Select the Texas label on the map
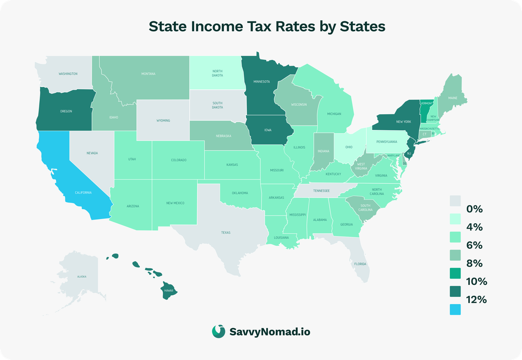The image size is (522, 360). tap(226, 233)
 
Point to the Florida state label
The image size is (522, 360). tap(360, 264)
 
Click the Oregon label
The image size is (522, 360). tap(66, 111)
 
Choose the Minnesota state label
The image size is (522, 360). tap(262, 82)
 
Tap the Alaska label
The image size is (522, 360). tap(81, 276)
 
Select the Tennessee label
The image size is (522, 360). tap(321, 191)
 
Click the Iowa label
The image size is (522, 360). tap(267, 130)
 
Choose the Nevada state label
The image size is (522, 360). tap(92, 153)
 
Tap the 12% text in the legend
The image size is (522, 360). tap(476, 299)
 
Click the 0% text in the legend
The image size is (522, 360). tap(474, 209)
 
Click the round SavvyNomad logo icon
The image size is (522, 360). tap(219, 331)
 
